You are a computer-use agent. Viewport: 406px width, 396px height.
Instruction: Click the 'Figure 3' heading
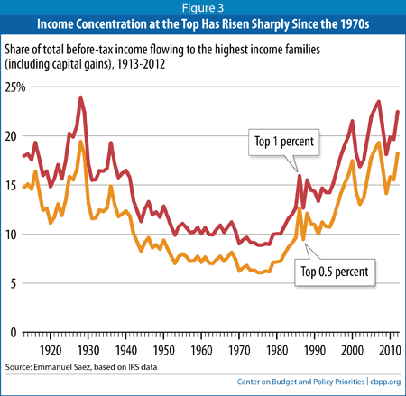coord(203,8)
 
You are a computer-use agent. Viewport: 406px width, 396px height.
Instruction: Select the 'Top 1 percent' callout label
coord(284,142)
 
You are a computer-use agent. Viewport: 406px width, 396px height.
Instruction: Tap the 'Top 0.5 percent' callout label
coord(335,272)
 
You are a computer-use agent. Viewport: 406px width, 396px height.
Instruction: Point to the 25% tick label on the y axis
coord(15,87)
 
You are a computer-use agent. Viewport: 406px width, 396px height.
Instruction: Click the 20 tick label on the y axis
coord(11,136)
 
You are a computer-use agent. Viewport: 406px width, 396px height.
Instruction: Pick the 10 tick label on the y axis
coord(11,235)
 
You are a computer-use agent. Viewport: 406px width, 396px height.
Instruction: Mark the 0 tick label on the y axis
coord(14,333)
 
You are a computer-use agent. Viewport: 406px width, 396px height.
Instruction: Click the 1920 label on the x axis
coord(51,351)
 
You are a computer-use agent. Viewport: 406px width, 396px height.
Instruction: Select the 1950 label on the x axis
coord(163,351)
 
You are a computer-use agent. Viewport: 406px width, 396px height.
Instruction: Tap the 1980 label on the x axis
coord(277,351)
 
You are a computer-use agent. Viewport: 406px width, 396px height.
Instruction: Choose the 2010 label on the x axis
coord(390,351)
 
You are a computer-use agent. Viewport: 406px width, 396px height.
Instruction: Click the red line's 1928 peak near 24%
coord(80,97)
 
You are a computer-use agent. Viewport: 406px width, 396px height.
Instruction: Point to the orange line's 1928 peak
coord(80,142)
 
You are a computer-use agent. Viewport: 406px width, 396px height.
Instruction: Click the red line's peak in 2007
coord(379,102)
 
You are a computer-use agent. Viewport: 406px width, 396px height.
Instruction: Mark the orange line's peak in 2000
coord(353,161)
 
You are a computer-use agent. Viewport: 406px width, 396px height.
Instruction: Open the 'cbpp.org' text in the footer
coord(385,382)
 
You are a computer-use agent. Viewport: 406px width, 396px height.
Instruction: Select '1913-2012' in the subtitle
coord(141,64)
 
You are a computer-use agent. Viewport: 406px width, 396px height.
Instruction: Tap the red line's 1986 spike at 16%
coord(300,175)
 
